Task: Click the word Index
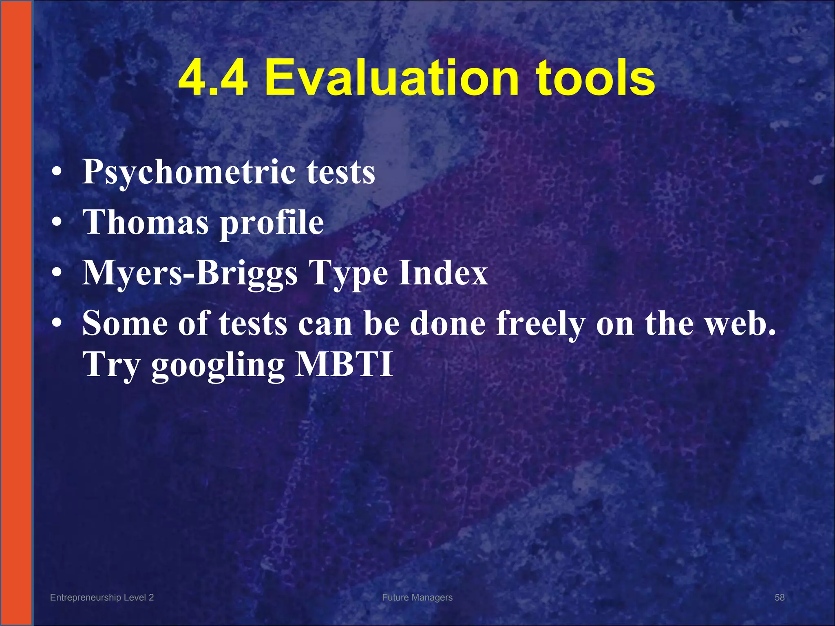click(x=443, y=272)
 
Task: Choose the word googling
click(x=218, y=365)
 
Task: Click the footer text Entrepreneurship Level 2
click(x=102, y=597)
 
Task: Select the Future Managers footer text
click(x=417, y=597)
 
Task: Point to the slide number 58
click(x=779, y=597)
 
